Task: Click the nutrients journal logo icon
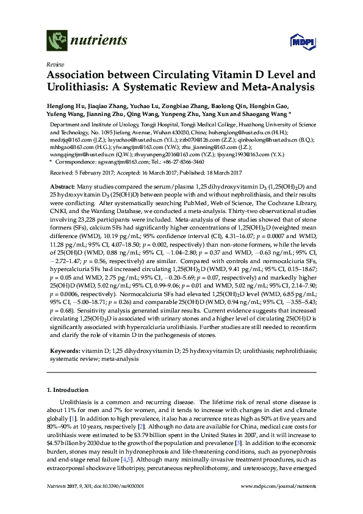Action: click(x=57, y=42)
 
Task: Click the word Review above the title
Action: click(x=56, y=63)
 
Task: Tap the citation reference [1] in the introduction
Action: click(x=74, y=421)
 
